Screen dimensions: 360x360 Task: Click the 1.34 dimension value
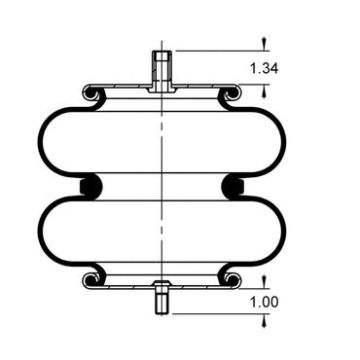pos(264,68)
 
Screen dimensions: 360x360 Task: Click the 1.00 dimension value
pos(264,303)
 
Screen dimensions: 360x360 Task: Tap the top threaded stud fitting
pos(162,71)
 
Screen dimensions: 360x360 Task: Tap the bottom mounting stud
pos(162,297)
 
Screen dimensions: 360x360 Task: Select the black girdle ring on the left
pos(90,186)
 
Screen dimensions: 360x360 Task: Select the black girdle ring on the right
pos(233,186)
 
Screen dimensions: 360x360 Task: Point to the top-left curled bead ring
pos(91,93)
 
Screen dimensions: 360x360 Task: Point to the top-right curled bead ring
pos(233,93)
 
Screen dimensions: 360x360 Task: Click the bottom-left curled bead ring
pos(90,280)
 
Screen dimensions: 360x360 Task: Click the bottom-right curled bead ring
pos(233,280)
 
